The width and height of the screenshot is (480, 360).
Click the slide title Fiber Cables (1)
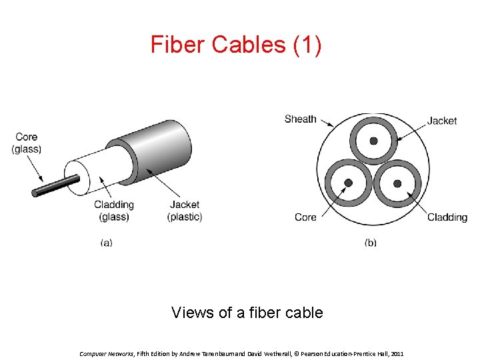tap(235, 45)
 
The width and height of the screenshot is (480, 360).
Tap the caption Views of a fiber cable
tap(247, 312)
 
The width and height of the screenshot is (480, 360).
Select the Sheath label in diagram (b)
tap(300, 119)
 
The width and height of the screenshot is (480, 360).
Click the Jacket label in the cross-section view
tap(442, 121)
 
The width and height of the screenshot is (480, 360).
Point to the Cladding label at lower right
tap(447, 217)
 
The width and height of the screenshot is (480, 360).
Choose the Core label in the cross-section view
tap(305, 217)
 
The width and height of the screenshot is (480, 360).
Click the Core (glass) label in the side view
tap(27, 143)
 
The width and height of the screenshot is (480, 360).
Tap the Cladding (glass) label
tap(113, 211)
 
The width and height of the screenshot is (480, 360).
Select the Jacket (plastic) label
tap(185, 211)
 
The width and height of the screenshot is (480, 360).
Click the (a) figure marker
tap(106, 243)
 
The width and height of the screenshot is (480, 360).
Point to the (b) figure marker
tap(370, 243)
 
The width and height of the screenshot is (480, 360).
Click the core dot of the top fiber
tap(373, 141)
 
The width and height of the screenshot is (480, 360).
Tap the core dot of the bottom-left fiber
tap(347, 183)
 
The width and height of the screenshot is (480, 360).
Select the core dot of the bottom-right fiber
tap(397, 183)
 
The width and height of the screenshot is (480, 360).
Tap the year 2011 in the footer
tap(397, 353)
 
